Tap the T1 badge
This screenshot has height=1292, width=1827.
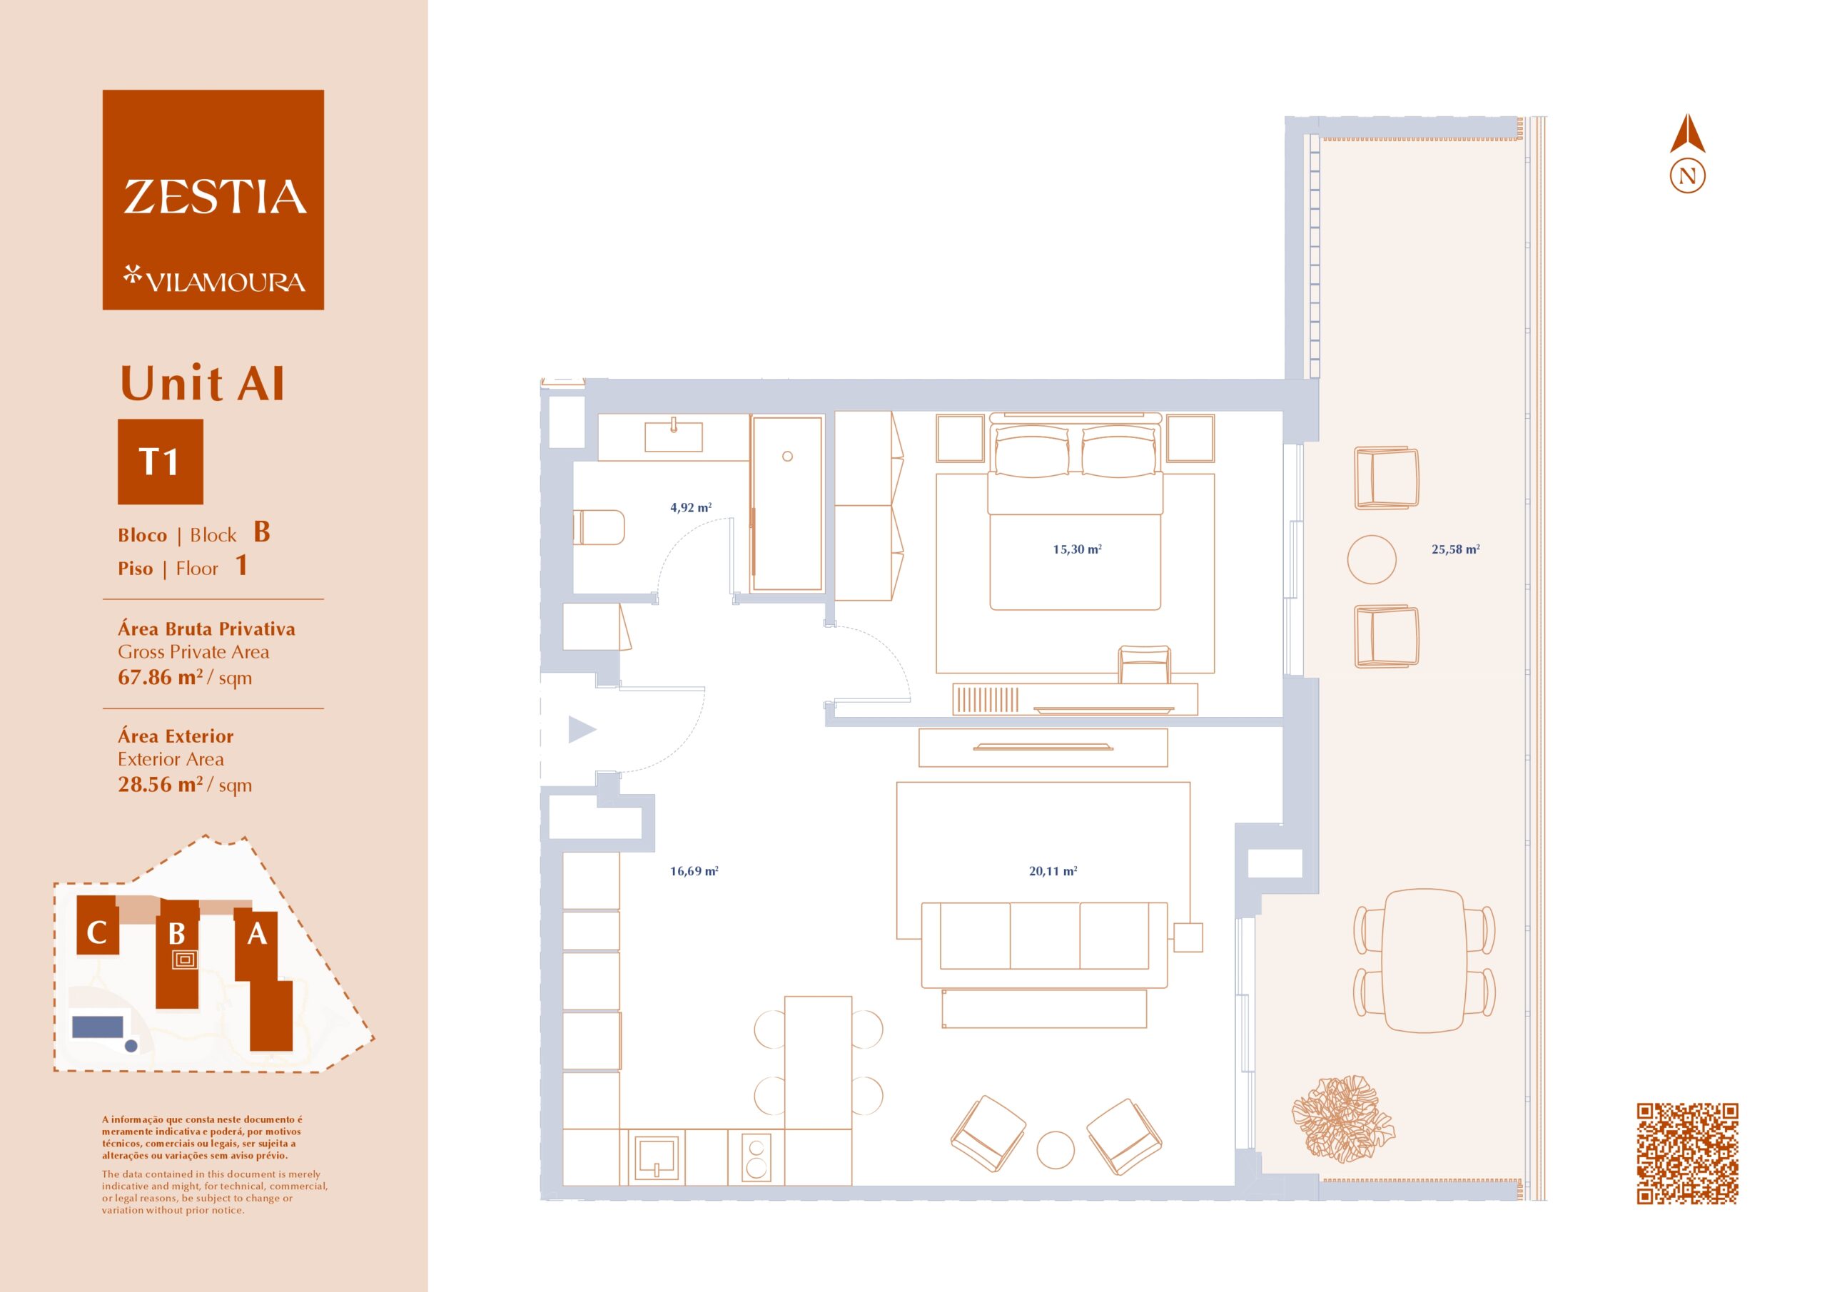pyautogui.click(x=160, y=462)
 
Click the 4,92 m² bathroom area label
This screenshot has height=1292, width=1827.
pyautogui.click(x=691, y=507)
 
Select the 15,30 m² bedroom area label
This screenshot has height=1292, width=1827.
pyautogui.click(x=1077, y=549)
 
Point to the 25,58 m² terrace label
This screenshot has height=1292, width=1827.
pyautogui.click(x=1455, y=549)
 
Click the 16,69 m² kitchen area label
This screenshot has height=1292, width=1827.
pyautogui.click(x=694, y=871)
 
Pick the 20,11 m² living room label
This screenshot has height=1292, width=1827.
pyautogui.click(x=1053, y=871)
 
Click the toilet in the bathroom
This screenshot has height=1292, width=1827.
pyautogui.click(x=599, y=527)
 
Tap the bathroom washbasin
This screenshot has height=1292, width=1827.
pyautogui.click(x=674, y=436)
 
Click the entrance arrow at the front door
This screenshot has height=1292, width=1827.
pyautogui.click(x=582, y=730)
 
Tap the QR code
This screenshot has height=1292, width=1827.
pyautogui.click(x=1687, y=1154)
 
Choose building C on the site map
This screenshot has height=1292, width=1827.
pyautogui.click(x=97, y=925)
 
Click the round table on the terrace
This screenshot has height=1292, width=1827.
pyautogui.click(x=1371, y=559)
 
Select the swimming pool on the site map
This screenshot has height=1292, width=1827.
pyautogui.click(x=98, y=1027)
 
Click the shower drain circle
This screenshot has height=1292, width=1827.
pyautogui.click(x=787, y=457)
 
